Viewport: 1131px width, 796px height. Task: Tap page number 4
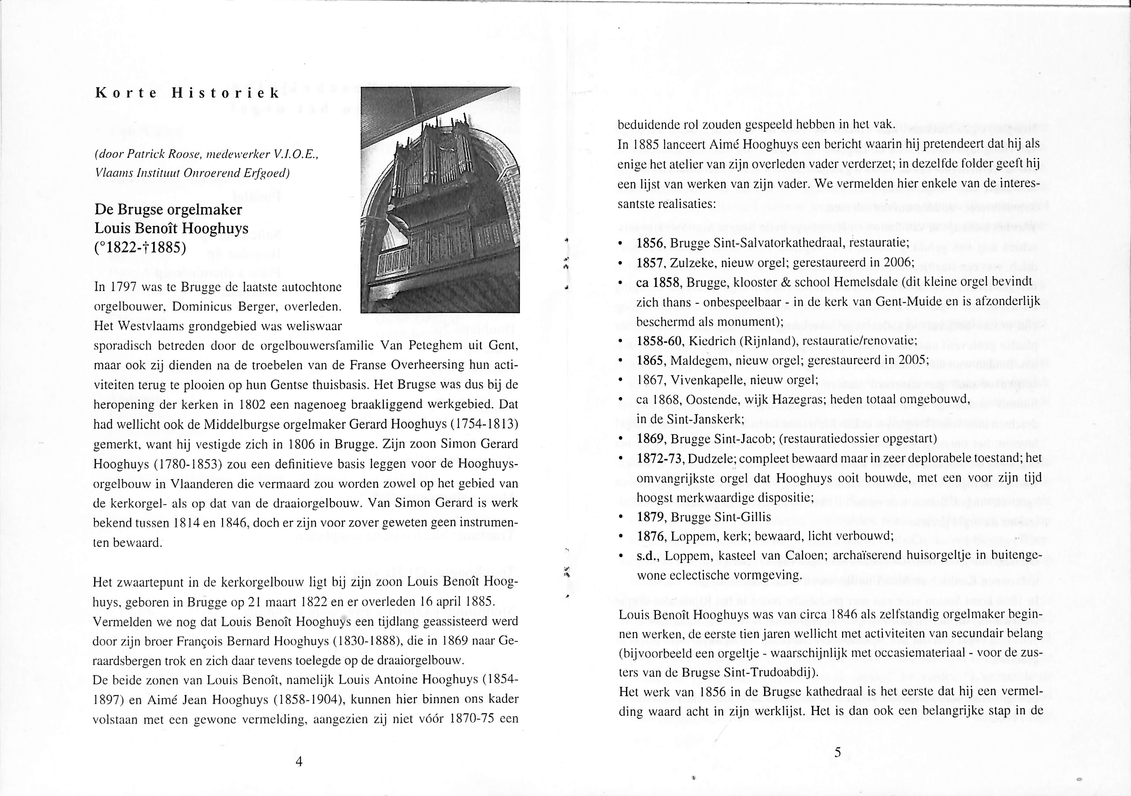click(x=298, y=762)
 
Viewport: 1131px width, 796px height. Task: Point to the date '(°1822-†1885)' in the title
click(x=140, y=248)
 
